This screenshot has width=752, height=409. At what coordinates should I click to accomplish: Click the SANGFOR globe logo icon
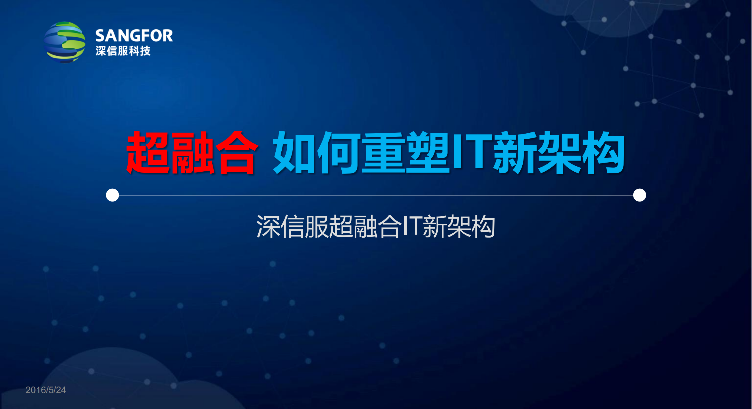65,42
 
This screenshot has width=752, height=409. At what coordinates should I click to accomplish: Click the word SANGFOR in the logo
134,36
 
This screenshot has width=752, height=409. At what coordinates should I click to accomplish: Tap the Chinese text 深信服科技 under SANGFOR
123,51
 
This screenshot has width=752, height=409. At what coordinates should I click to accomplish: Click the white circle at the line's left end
112,195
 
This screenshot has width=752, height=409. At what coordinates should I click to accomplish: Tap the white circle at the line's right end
639,195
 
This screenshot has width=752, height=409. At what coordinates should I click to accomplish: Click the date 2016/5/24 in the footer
45,390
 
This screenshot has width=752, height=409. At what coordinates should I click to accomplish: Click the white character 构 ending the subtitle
483,226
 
